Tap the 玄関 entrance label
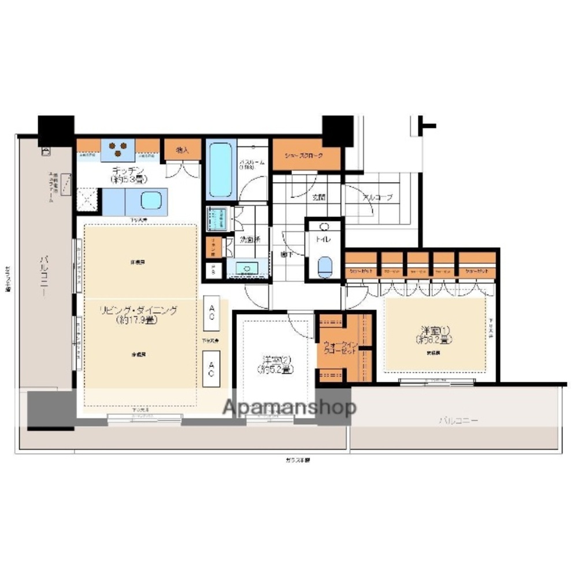pyautogui.click(x=318, y=197)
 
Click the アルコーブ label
pyautogui.click(x=377, y=197)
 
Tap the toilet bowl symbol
pyautogui.click(x=326, y=267)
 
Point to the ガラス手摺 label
pyautogui.click(x=298, y=460)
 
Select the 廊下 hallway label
pyautogui.click(x=286, y=253)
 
